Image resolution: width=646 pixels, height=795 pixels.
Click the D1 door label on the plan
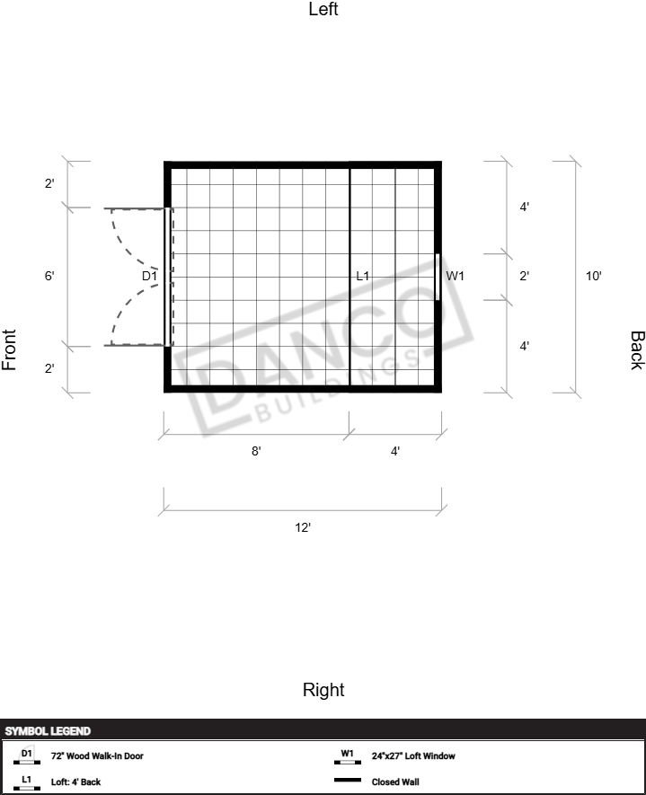[x=149, y=277]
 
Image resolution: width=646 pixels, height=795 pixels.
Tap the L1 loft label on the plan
[x=363, y=277]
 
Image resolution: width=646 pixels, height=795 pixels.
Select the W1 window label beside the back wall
[x=455, y=277]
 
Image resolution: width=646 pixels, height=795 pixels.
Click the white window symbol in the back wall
[x=438, y=277]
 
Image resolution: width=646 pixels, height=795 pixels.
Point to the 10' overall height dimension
[x=593, y=277]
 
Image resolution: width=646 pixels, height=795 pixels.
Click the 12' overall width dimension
[x=303, y=528]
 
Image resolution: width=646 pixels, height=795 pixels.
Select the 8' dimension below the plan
[x=256, y=451]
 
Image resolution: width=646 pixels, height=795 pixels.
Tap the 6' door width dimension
[x=49, y=277]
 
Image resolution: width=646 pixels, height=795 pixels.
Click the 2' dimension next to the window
[x=525, y=277]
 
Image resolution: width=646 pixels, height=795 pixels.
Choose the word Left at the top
[x=323, y=9]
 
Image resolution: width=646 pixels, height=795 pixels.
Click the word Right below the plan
[x=323, y=690]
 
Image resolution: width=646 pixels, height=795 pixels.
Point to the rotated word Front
[x=9, y=349]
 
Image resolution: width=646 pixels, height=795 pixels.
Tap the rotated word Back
[x=637, y=350]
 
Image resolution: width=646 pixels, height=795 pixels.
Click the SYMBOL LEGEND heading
[x=48, y=731]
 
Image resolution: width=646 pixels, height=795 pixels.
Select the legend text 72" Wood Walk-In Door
[x=97, y=756]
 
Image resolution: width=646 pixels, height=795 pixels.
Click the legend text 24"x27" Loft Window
[x=413, y=756]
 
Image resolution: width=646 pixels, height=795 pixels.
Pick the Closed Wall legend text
[x=395, y=782]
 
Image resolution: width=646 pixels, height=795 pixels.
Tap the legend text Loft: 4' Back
[x=75, y=782]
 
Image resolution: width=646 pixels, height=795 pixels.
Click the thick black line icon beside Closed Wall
[x=348, y=781]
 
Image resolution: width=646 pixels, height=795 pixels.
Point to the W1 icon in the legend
[x=348, y=756]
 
